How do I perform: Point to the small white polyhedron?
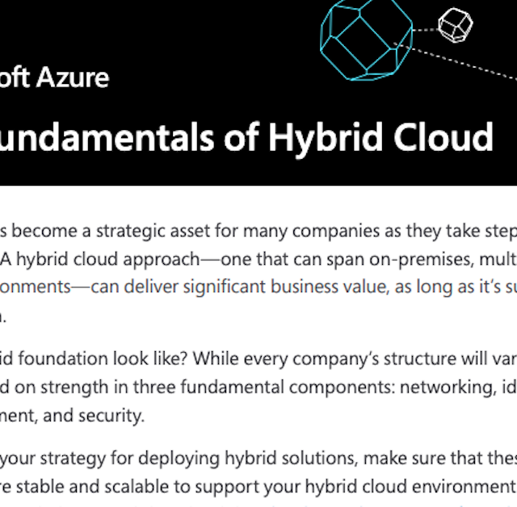[455, 25]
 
